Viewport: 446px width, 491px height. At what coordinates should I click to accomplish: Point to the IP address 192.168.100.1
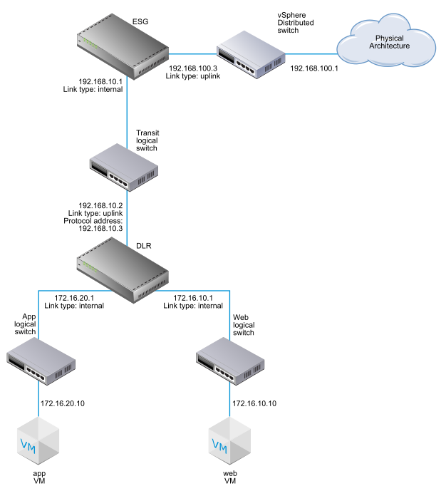tap(315, 68)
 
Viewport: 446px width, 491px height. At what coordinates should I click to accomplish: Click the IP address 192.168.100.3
tap(192, 68)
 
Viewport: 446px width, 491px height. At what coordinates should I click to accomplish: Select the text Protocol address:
tap(95, 221)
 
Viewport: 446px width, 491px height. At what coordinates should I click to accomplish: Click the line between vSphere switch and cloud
tap(311, 53)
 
